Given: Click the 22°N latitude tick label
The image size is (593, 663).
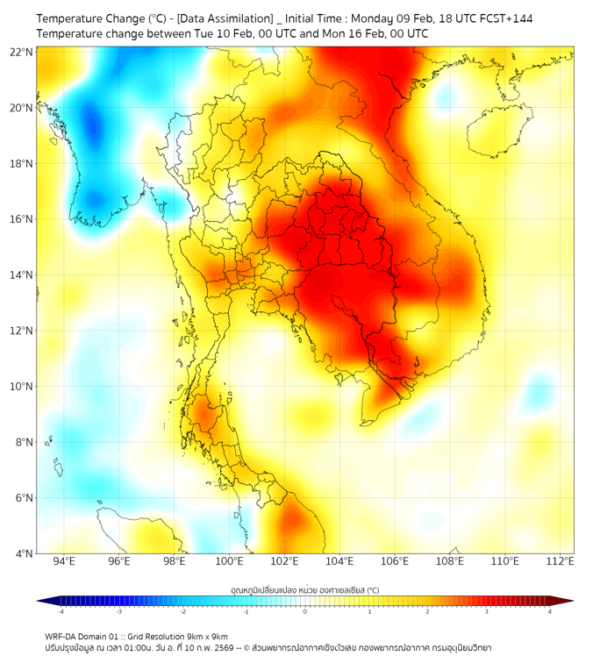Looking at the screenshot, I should [21, 52].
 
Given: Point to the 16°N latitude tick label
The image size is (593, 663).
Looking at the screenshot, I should [21, 219].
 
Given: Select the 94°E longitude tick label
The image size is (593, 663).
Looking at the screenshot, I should [64, 561].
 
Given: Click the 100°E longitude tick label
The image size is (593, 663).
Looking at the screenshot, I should [229, 561].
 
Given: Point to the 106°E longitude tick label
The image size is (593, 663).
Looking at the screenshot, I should [395, 561].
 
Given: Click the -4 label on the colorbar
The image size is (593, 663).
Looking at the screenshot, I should [61, 611].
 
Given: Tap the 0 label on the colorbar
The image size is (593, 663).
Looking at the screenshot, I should [305, 611].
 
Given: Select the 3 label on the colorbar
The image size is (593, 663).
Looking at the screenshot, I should [489, 611].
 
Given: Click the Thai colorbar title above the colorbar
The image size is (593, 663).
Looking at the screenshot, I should [304, 589].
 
